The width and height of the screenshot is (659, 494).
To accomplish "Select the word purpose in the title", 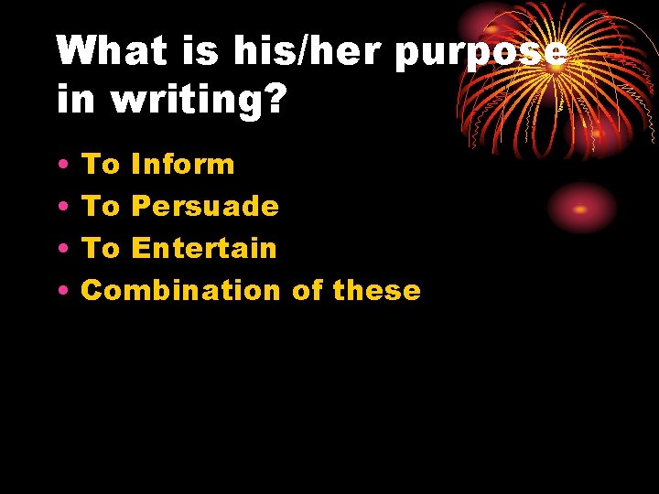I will coord(480,53).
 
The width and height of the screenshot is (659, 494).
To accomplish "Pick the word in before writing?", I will coord(76,100).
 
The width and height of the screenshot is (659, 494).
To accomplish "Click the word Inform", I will coord(183,165).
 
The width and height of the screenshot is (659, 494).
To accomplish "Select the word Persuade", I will coord(205,206).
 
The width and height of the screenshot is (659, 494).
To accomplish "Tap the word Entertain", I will coord(204,248).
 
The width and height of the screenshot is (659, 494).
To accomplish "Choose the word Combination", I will coord(180,291).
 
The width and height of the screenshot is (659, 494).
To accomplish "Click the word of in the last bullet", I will coord(308,291).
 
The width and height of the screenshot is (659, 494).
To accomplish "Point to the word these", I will coord(377,291).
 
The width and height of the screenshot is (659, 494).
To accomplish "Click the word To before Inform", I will coord(102,165).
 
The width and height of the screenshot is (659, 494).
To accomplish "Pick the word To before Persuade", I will coord(102,206).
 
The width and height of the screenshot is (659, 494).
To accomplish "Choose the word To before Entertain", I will coord(102,248).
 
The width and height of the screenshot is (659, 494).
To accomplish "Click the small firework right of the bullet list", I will coord(581,208).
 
